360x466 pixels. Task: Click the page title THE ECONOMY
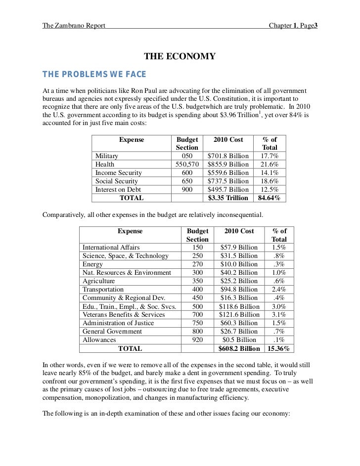coord(180,57)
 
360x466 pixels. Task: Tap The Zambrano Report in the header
coord(74,25)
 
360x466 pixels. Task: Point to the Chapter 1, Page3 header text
coord(292,25)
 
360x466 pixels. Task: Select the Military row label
coord(107,156)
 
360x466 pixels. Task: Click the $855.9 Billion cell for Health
coord(228,165)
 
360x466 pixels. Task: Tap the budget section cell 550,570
coord(187,165)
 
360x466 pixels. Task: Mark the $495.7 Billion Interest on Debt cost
coord(228,190)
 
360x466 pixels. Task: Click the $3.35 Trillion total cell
coord(228,198)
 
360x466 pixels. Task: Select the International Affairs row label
coord(111,248)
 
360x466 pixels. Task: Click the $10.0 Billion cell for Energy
coord(239,264)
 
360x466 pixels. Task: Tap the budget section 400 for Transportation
coord(197,290)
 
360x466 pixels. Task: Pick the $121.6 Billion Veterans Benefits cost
coord(239,315)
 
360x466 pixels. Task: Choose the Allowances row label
coord(99,340)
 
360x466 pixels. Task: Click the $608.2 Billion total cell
coord(239,348)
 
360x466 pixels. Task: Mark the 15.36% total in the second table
coord(279,348)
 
